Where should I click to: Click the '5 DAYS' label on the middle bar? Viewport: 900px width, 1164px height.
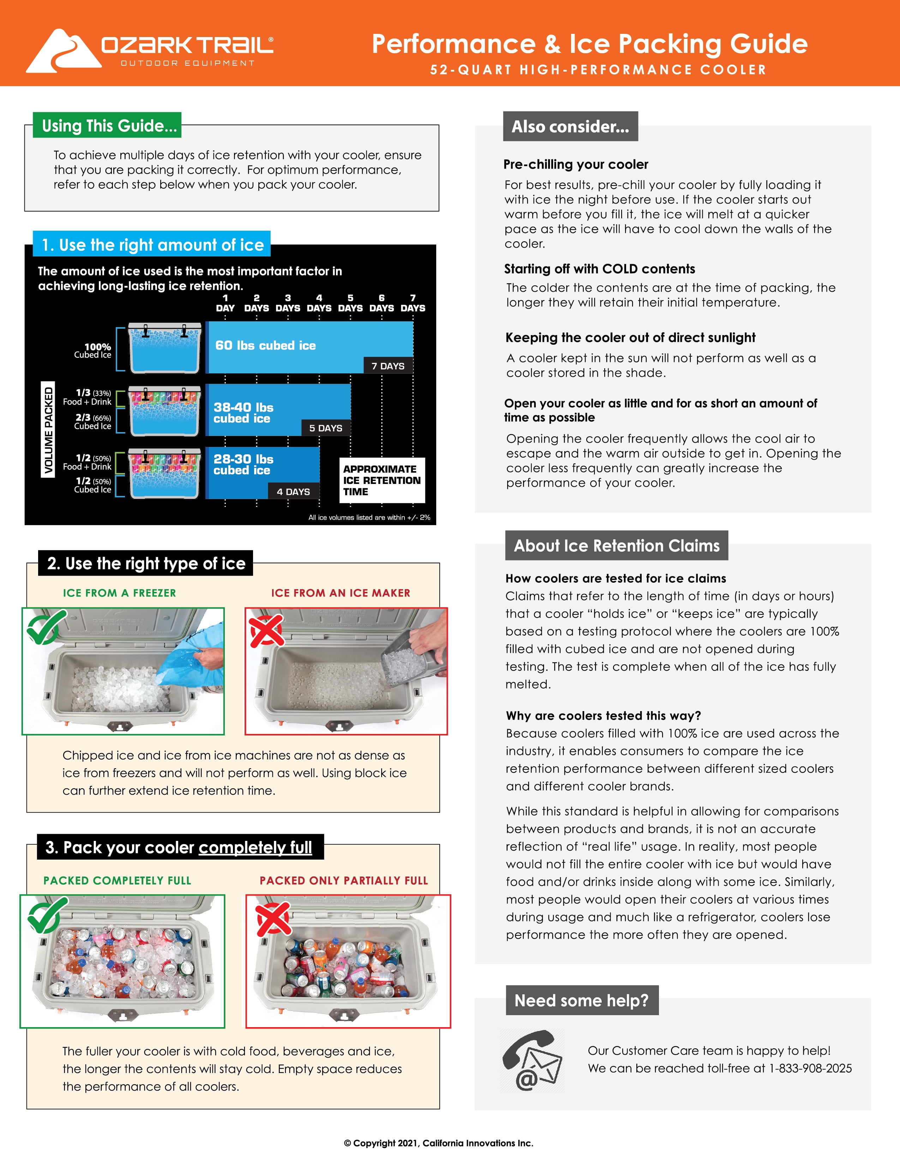[326, 428]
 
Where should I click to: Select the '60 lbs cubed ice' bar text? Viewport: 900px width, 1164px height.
[265, 345]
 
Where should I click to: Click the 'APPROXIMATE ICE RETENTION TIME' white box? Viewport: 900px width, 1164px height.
[382, 480]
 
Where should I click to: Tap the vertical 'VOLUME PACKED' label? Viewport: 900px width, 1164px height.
[48, 430]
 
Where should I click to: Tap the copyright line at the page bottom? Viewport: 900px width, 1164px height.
[438, 1143]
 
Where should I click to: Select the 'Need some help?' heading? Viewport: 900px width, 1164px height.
[581, 1000]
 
